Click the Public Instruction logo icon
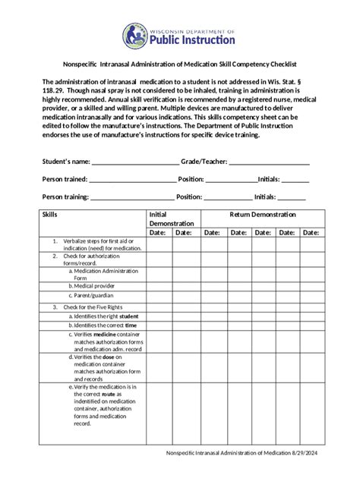137,36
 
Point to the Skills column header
50,215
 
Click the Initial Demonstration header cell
171,219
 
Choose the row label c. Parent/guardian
92,295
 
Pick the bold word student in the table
129,316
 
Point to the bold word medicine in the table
105,334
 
